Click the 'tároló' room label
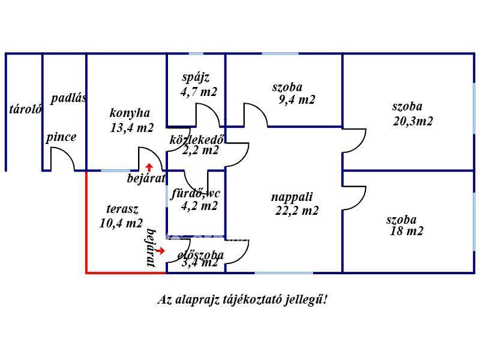tap(25, 109)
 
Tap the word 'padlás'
tap(68, 99)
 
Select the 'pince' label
tap(61, 137)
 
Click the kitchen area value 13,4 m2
tap(132, 128)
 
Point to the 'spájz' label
tap(196, 77)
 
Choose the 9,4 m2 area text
tap(297, 100)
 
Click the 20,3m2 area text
tap(413, 121)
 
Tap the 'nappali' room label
tap(292, 196)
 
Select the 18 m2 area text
tap(406, 231)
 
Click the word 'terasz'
tap(122, 209)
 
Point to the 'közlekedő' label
tap(197, 140)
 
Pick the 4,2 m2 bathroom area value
tap(199, 206)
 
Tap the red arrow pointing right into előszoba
tap(160, 250)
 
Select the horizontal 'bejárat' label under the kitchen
tap(146, 178)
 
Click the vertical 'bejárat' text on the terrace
tap(151, 247)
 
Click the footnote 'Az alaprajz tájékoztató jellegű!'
tap(242, 299)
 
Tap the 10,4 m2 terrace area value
tap(121, 223)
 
